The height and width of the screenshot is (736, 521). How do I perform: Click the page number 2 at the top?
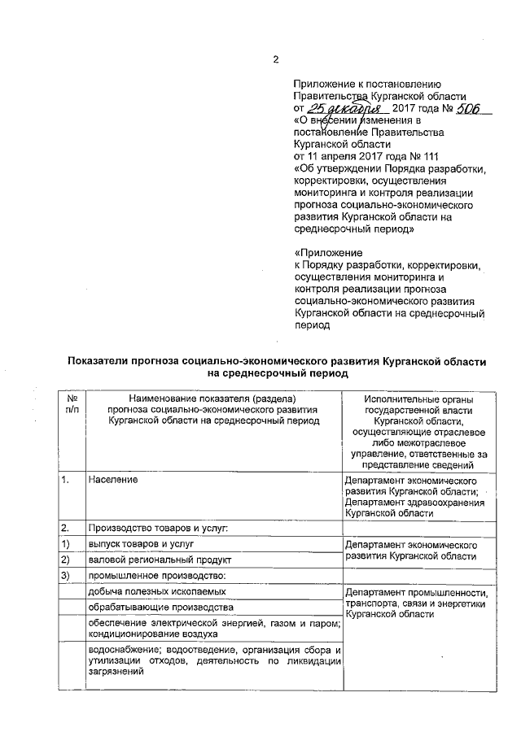click(275, 59)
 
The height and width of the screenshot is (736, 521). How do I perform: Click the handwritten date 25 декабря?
click(344, 109)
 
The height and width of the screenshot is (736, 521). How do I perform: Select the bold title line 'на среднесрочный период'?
click(277, 374)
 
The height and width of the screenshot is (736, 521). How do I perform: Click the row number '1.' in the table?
click(66, 481)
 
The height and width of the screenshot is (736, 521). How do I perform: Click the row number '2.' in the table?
click(66, 527)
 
